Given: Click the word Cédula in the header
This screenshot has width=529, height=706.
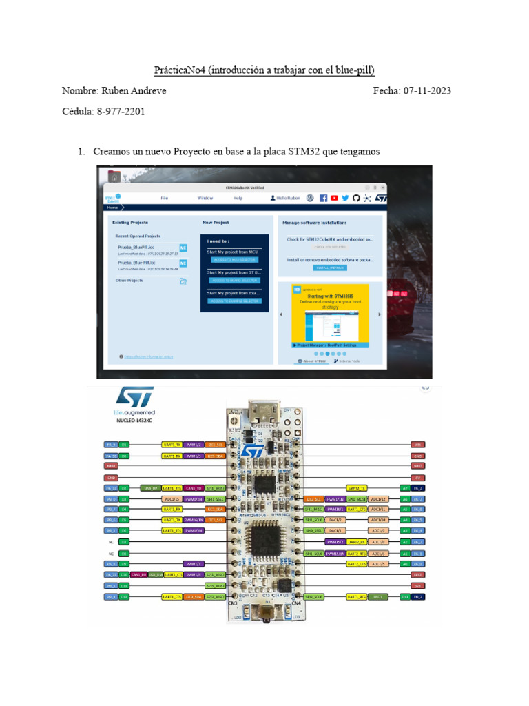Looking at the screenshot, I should tap(77, 111).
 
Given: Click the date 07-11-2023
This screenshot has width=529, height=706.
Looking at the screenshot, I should tap(427, 91).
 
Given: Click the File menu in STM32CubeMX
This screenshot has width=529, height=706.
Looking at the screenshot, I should tap(165, 198).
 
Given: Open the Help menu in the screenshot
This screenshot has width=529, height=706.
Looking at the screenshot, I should tap(238, 198).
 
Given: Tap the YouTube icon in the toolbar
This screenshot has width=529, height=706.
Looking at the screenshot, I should tap(334, 198).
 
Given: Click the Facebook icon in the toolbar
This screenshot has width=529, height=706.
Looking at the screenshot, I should tap(323, 198).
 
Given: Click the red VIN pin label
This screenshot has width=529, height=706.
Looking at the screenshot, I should tap(417, 445).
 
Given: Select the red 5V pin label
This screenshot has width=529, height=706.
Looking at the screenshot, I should tap(417, 477).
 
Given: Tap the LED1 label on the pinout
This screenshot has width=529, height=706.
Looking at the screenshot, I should tap(377, 596).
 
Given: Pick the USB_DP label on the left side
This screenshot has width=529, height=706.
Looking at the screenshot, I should tap(149, 487).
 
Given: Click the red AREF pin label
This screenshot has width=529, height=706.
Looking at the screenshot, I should tap(417, 574).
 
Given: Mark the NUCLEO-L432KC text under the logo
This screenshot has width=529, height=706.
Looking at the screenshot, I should tap(134, 418).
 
